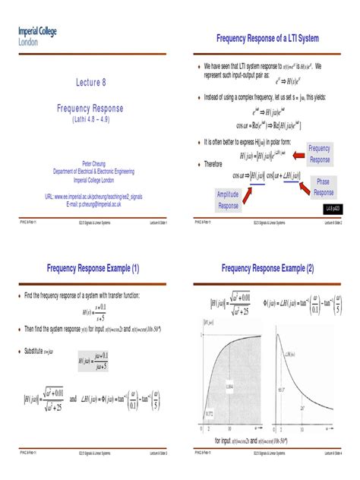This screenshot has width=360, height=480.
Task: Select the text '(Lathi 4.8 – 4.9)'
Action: coord(90,120)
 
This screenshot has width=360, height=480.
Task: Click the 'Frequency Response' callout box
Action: coord(319,154)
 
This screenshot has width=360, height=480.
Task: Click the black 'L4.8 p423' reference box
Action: coord(333,207)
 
